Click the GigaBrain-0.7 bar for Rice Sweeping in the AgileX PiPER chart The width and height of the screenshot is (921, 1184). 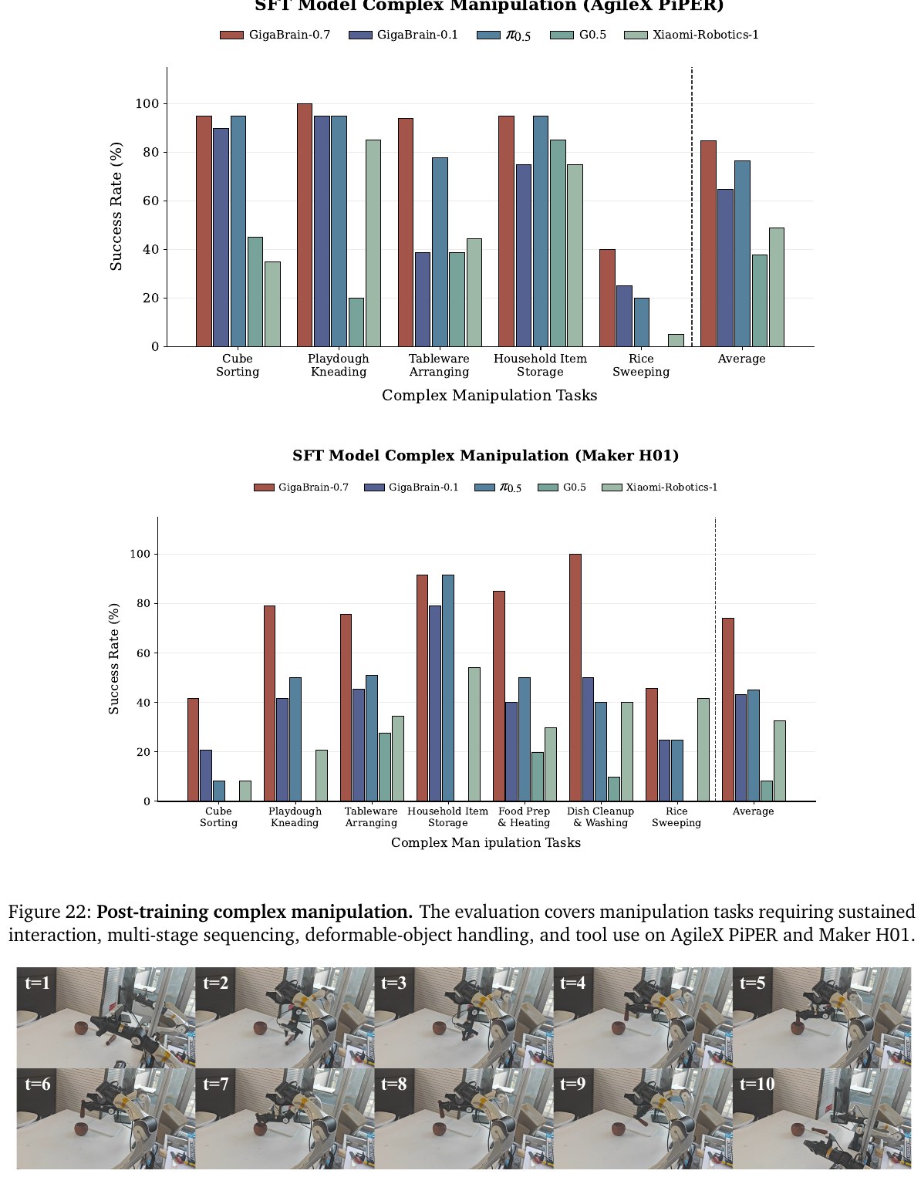coord(607,298)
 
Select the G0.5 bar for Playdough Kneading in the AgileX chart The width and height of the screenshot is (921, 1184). coord(356,322)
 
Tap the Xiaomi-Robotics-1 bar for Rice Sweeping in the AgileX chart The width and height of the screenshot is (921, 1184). coord(676,340)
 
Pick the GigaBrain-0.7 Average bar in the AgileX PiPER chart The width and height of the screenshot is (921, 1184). coord(708,244)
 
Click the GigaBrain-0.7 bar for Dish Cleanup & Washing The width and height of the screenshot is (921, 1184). coord(575,677)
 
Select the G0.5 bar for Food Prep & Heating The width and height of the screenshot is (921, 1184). coord(538,777)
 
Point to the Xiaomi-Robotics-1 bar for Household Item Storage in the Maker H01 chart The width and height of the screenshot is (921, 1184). coord(474,734)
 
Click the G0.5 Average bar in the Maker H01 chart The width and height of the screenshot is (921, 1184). coord(766,791)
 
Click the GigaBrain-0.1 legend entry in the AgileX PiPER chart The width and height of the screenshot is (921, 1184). coord(403,35)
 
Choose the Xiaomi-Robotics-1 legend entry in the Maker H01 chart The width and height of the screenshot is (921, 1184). coord(660,487)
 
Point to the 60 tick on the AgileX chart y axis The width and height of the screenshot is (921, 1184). coord(151,201)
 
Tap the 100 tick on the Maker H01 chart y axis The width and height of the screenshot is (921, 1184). coord(140,554)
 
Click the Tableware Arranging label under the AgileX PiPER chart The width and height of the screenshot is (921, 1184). coord(439,365)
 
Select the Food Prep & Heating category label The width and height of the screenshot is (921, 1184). coord(524,817)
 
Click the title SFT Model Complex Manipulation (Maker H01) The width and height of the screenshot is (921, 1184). coord(486,456)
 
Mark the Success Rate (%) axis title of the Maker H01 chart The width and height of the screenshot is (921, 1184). coord(114,658)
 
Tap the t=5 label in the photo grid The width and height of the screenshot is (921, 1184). coord(752,983)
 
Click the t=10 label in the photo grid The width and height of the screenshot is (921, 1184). coord(757,1084)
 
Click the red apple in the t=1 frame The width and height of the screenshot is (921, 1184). coord(81,1029)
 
